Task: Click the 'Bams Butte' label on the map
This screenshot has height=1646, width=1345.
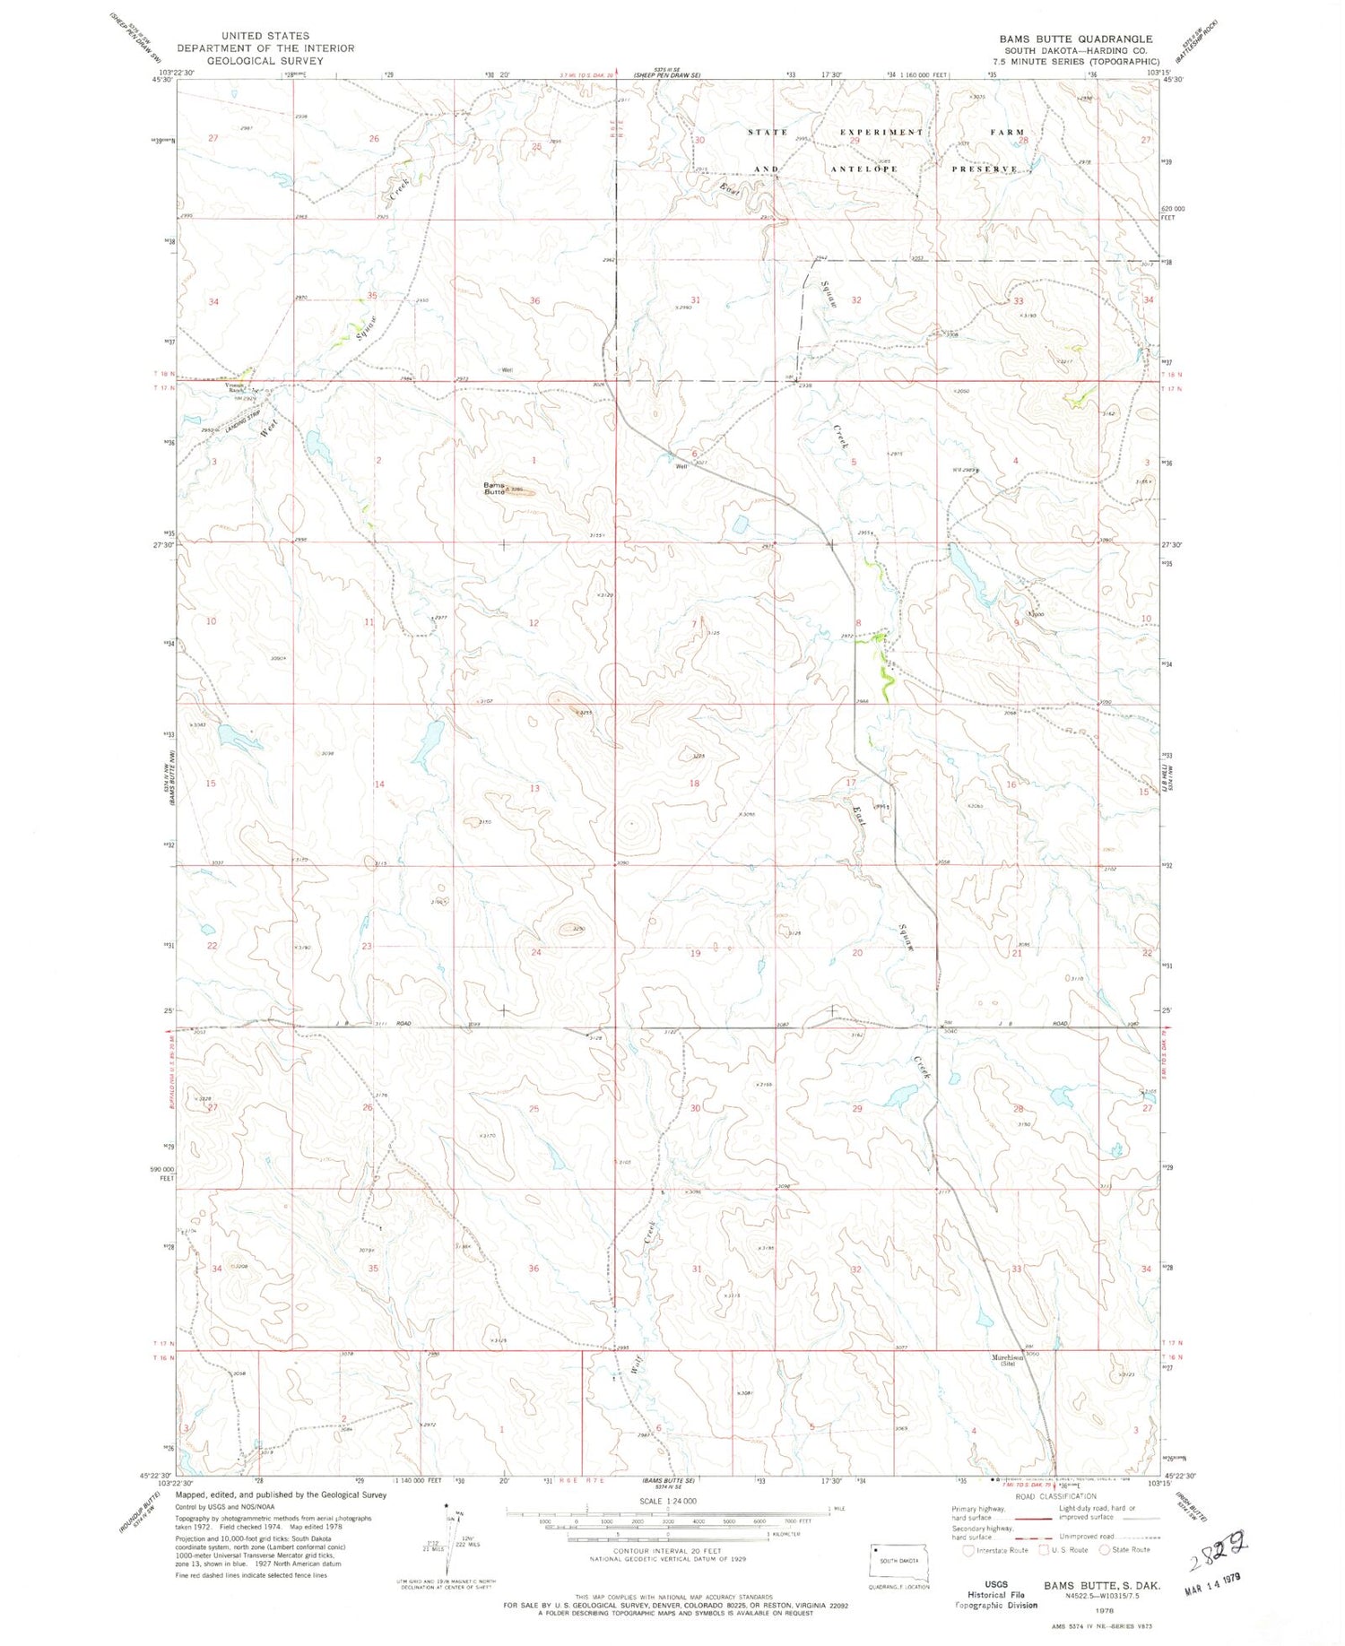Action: (x=494, y=489)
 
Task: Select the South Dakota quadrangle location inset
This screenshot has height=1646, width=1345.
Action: (x=899, y=1564)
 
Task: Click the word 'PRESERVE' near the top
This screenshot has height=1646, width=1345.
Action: (x=985, y=169)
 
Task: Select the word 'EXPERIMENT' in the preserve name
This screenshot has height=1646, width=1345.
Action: (x=881, y=132)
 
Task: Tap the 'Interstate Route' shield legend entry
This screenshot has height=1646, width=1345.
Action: (x=995, y=1550)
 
